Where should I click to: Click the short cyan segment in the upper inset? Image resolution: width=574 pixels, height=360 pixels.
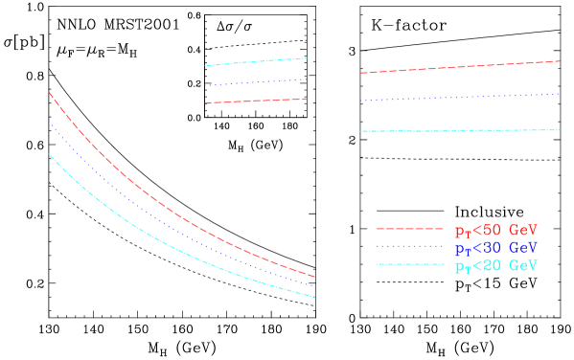(x=255, y=62)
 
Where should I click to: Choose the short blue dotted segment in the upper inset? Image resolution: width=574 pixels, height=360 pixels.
(x=255, y=82)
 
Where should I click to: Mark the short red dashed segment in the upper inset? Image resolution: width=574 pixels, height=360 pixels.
(x=255, y=101)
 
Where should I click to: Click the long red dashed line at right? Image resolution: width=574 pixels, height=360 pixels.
(x=460, y=67)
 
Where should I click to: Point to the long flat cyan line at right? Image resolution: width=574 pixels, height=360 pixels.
(x=460, y=130)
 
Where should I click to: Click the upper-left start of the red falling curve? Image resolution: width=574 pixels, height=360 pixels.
(x=50, y=94)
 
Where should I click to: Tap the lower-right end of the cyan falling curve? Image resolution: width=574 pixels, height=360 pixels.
(x=314, y=296)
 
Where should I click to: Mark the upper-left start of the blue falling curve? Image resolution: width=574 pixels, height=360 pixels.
(x=50, y=123)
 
